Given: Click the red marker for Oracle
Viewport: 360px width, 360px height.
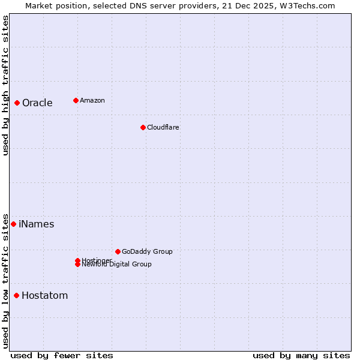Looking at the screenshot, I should point(17,103).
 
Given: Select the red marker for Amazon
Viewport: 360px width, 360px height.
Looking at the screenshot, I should point(76,100).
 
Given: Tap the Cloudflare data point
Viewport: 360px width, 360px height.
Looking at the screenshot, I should point(143,127).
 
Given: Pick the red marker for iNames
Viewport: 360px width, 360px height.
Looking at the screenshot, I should point(13,224).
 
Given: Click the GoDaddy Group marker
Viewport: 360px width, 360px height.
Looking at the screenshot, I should point(118,251).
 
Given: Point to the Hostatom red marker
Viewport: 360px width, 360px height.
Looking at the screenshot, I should point(16,295).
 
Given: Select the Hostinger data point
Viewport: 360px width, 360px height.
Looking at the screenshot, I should point(77,260).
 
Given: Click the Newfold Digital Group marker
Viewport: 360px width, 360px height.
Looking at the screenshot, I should point(77,265).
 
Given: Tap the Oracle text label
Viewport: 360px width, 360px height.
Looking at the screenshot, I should point(37,103).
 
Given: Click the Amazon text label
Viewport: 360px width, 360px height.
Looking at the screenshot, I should point(92,100).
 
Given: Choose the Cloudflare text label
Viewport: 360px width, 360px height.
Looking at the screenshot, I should point(163,127).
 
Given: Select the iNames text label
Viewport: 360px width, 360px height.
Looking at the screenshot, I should point(36,224).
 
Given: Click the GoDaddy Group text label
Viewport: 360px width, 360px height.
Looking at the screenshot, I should point(147,251).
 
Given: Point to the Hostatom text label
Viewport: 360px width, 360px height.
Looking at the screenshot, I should point(44,295).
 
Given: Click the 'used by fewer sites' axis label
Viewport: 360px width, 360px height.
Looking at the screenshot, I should point(62,355).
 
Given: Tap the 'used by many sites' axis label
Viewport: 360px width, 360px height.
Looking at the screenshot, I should point(301,355).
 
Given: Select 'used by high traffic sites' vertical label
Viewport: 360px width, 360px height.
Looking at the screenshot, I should point(5,85).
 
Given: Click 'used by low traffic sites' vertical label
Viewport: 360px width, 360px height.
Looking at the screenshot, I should point(5,280).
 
